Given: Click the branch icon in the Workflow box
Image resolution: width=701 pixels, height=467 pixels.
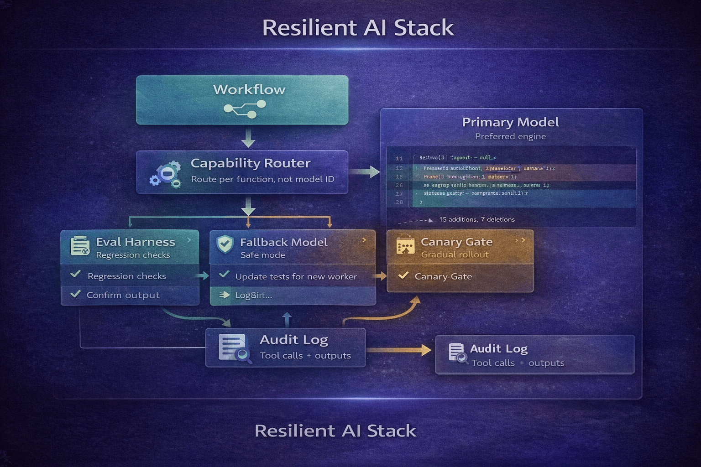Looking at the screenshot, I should pos(245,109).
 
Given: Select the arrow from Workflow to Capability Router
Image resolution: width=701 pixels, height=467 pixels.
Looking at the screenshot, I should pos(248,137).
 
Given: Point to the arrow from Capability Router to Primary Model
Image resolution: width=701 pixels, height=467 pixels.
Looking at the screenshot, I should pos(365,172).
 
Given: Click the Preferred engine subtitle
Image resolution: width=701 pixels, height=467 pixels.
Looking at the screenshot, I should pos(510,136).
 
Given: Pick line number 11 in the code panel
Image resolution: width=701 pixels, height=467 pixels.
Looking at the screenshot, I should pos(399,158).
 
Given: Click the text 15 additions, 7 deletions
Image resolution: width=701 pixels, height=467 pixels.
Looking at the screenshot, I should pos(476,219).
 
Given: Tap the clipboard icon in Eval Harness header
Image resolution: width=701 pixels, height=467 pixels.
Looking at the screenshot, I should pos(80,246).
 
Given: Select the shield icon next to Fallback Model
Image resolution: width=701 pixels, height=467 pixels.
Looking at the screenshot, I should pos(225,244).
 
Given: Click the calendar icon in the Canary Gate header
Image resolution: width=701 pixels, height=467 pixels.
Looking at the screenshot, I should pos(405,246).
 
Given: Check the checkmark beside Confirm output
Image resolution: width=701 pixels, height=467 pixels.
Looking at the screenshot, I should pos(75,294).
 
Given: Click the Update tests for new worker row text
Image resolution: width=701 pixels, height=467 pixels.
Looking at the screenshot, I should pos(296,276).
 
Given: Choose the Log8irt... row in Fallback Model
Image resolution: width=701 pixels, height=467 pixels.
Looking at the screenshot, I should pos(253,295).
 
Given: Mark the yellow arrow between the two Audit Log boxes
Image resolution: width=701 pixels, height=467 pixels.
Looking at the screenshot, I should pos(399,350).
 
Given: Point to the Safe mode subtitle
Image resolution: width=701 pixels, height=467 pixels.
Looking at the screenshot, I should pos(262,255).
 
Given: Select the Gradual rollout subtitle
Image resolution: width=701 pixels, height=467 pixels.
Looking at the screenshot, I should pos(455,254).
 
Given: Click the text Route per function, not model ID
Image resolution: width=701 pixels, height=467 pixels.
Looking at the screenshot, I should pos(262,179).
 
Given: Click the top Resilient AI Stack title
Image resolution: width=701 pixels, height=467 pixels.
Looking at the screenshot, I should pos(358,28).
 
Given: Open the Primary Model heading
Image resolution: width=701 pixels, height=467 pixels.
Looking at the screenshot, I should pos(510,122).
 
